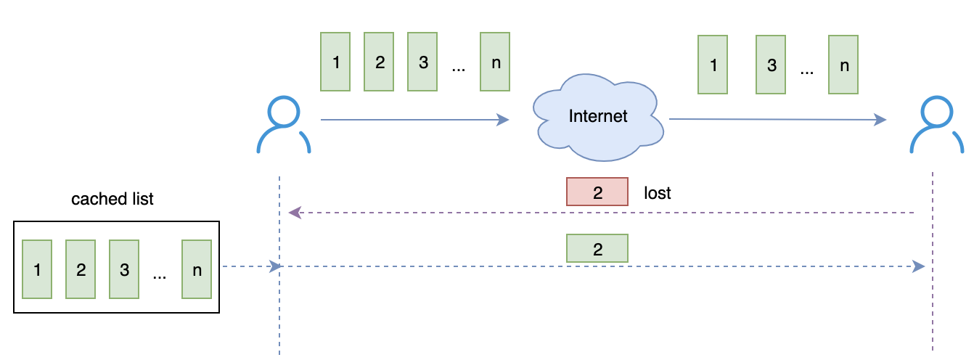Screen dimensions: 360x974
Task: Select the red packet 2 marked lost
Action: click(x=597, y=192)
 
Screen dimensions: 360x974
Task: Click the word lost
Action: click(x=658, y=193)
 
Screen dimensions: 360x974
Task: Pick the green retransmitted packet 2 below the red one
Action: click(x=597, y=249)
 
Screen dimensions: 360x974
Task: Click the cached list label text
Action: click(x=112, y=199)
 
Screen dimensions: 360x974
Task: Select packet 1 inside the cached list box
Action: click(x=37, y=270)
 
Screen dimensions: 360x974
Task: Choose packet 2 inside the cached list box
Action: click(x=81, y=270)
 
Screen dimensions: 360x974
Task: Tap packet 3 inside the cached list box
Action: click(x=124, y=270)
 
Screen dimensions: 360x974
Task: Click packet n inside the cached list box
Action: click(x=197, y=270)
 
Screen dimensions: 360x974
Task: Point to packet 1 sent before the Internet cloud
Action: click(x=335, y=62)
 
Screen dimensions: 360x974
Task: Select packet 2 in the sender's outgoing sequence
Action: click(x=379, y=62)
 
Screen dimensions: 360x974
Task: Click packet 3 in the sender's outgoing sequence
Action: click(x=422, y=62)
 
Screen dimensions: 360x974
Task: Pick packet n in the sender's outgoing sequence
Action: click(x=495, y=62)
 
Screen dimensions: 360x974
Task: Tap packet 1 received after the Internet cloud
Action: click(x=713, y=65)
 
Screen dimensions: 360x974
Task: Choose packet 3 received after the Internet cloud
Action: click(x=771, y=65)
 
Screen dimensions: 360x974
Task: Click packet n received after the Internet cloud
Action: click(x=843, y=65)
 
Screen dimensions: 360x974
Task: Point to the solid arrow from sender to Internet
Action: click(x=414, y=120)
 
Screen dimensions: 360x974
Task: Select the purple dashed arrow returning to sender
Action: click(x=602, y=213)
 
